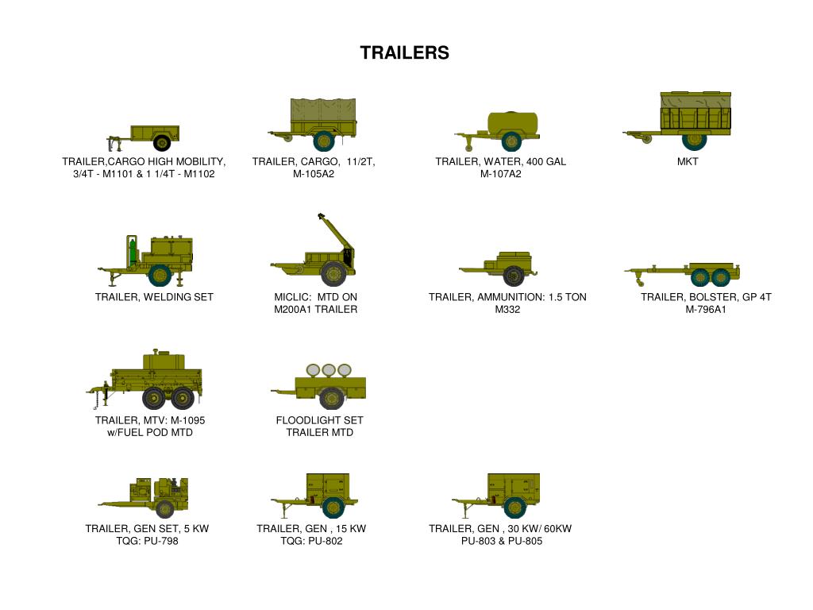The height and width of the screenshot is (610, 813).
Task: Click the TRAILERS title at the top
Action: (404, 52)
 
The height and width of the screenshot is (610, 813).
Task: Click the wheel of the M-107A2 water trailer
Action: (511, 142)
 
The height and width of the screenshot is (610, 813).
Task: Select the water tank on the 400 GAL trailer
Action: (511, 122)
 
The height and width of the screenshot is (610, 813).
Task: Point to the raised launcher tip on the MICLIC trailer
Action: (321, 215)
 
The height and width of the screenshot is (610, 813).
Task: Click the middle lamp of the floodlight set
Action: (328, 370)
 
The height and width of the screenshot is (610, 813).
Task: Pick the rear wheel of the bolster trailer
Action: (720, 276)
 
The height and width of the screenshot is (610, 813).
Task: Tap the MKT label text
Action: (688, 162)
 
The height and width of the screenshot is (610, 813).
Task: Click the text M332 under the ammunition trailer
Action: (507, 310)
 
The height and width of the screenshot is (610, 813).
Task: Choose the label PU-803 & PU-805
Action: (501, 542)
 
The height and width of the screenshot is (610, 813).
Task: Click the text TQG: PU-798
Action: (147, 542)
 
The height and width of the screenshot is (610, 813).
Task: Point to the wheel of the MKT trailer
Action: (695, 140)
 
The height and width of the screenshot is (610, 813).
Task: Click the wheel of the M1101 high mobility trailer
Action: (162, 143)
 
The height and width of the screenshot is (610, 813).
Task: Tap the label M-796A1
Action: (706, 310)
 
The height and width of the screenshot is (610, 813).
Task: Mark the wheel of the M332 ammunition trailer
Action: (513, 276)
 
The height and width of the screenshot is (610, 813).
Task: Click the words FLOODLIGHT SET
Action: (319, 420)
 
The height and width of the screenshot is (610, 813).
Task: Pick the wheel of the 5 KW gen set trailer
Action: (165, 509)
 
